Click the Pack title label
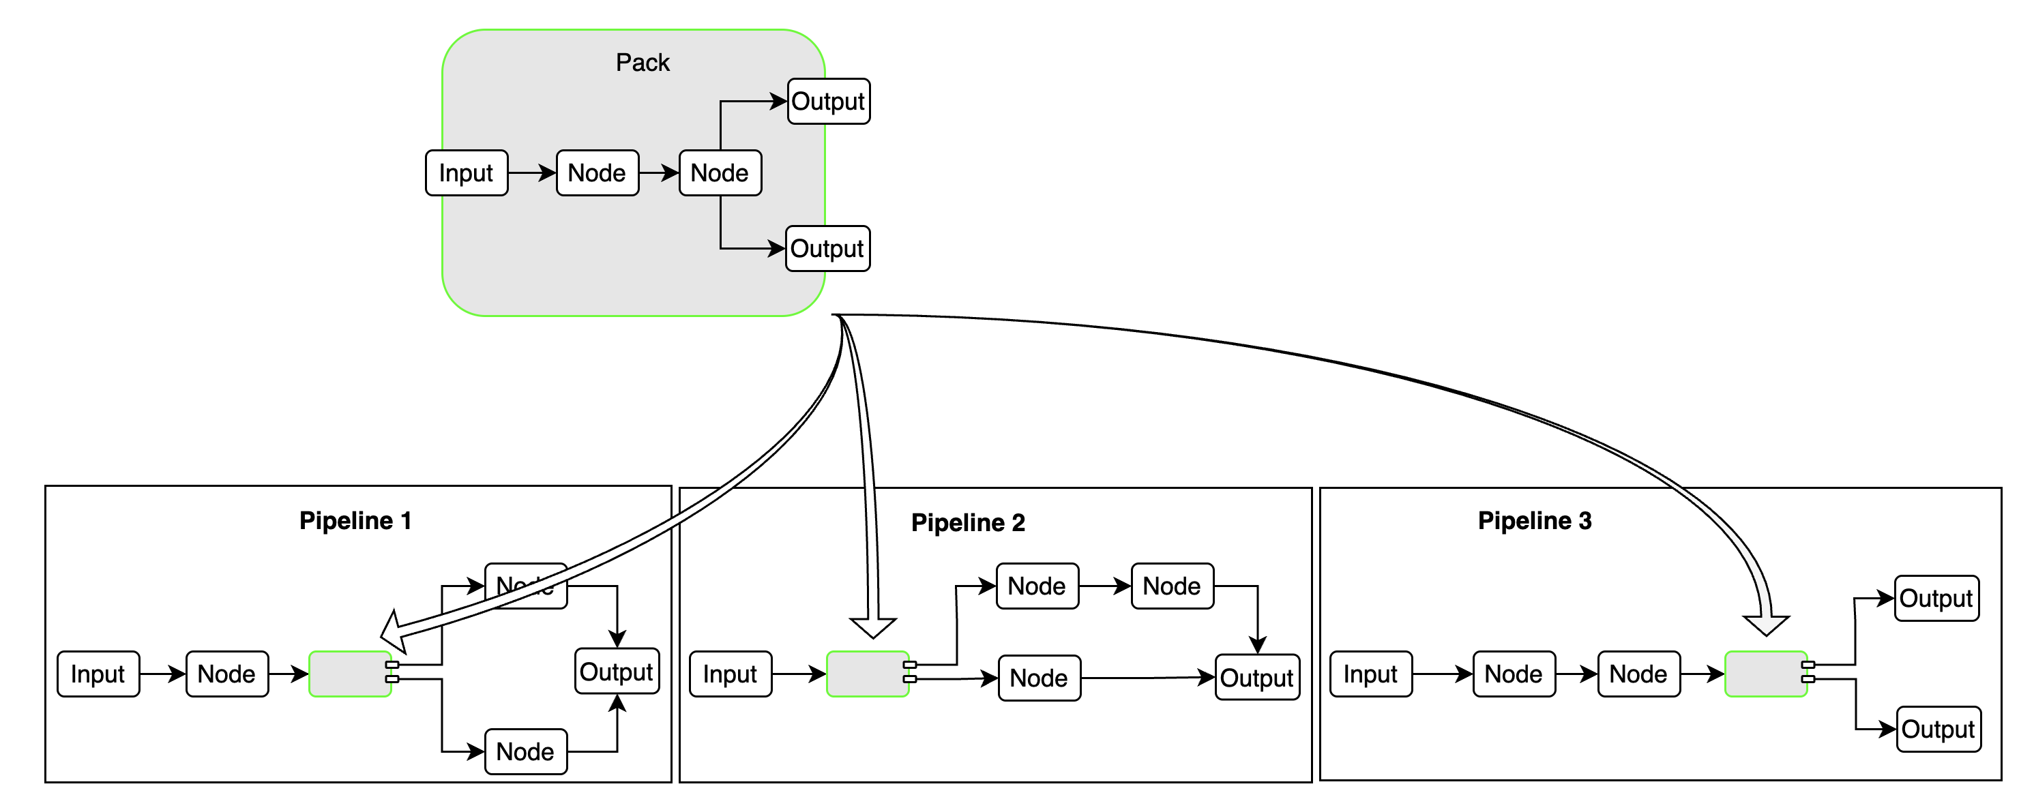642,62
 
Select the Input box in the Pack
466,173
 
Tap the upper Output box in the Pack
828,101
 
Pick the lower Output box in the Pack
827,249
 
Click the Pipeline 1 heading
355,521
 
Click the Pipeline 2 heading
967,523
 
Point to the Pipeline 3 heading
1534,521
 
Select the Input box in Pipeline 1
98,674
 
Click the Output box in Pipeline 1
617,672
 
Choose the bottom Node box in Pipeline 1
525,751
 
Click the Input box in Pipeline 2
730,674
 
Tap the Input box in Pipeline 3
1371,674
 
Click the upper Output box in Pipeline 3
1936,599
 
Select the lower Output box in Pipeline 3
1938,730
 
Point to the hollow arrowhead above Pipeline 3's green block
1767,625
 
